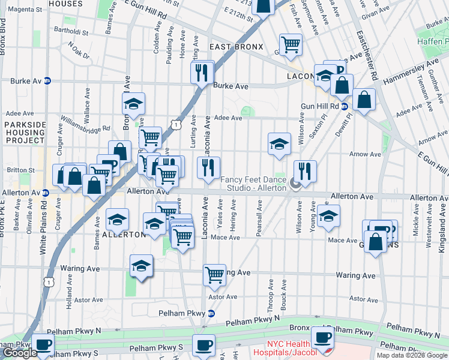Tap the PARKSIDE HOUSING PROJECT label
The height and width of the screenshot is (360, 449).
coord(25,132)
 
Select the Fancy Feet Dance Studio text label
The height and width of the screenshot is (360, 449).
coord(253,184)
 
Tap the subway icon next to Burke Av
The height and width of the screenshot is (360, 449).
coord(47,81)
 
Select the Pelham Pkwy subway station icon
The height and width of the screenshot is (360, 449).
coord(211,313)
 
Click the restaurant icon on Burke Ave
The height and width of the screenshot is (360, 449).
coord(202,73)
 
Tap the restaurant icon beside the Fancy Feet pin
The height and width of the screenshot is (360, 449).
coord(306,171)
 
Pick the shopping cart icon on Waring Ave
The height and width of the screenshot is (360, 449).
coord(214,275)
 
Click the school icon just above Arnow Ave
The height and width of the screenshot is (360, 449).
coord(279,144)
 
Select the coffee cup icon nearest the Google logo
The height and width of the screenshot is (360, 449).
coord(43,345)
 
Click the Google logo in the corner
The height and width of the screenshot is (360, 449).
coord(19,353)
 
